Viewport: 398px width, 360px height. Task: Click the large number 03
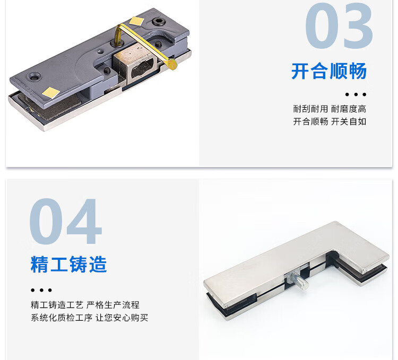pos(339,25)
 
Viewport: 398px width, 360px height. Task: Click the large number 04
pos(65,221)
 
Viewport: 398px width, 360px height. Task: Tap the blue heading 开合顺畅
pos(329,71)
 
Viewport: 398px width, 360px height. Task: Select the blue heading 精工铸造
pos(68,265)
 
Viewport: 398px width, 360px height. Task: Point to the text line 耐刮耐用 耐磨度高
pos(330,109)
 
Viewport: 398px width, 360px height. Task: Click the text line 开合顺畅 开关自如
pos(330,121)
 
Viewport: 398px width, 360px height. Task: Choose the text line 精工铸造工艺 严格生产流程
pos(85,305)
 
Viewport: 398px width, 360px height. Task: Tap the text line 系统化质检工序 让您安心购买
pos(89,318)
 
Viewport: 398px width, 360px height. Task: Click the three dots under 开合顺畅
pos(356,94)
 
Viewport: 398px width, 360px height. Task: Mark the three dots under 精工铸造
pos(41,290)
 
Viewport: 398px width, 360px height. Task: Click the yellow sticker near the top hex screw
pos(136,21)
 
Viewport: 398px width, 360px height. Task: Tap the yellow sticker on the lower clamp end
pos(51,92)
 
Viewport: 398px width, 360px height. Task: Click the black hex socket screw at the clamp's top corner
pos(159,22)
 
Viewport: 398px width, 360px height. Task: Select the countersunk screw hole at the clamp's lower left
pos(34,76)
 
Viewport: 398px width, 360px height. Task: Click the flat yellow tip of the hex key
pos(172,65)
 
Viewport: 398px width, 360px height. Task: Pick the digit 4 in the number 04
pos(84,221)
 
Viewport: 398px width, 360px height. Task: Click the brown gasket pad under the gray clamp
pos(51,107)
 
